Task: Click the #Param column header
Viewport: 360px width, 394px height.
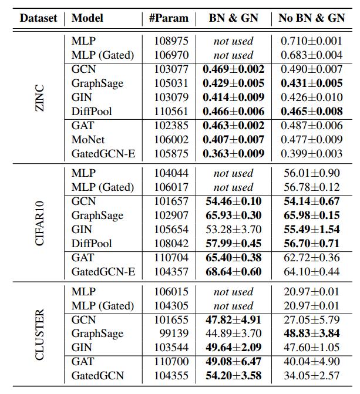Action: pos(169,18)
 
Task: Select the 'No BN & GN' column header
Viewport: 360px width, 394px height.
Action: pos(311,18)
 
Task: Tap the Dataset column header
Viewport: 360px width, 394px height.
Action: pos(38,18)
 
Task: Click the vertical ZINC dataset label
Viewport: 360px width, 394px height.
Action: pos(39,98)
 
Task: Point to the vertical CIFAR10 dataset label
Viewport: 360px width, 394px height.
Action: pos(39,223)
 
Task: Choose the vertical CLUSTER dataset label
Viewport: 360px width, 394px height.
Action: pos(39,335)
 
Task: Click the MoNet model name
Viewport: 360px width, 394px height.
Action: pos(88,140)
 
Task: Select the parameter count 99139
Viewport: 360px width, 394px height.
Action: pos(174,334)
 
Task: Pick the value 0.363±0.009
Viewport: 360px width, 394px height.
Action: pos(234,154)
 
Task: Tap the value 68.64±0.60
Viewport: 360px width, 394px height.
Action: pos(234,272)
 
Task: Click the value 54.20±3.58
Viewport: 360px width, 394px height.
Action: pos(234,376)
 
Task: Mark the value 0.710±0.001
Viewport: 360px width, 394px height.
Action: pos(311,41)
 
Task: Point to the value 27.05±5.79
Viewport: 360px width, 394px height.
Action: pos(311,320)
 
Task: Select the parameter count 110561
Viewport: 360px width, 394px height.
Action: pos(171,112)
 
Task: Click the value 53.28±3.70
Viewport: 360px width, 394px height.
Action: pos(234,230)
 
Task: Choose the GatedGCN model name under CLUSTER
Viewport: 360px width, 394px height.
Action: pos(97,376)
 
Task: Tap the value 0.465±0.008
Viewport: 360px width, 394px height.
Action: pos(311,112)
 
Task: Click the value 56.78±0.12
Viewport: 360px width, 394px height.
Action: pos(311,187)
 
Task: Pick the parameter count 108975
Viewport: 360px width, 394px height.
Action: pos(171,41)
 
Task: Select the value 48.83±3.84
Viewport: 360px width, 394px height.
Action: pos(311,334)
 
